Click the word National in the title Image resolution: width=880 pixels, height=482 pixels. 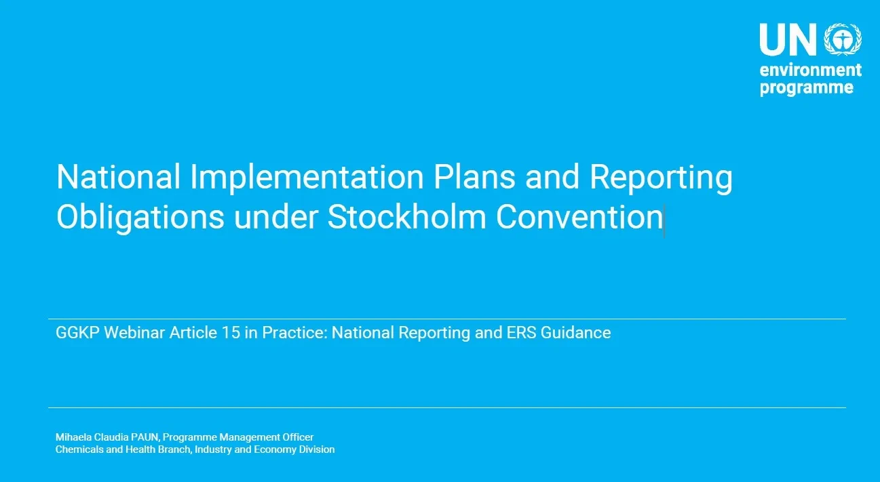click(x=118, y=177)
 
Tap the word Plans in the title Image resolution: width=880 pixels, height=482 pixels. click(x=474, y=177)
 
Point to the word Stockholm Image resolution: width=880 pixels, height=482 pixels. click(x=406, y=216)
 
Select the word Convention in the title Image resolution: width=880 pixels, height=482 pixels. click(x=579, y=217)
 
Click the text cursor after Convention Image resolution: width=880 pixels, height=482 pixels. click(x=664, y=220)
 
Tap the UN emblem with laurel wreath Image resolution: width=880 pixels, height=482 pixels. click(x=843, y=39)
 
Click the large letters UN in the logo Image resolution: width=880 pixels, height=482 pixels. click(x=788, y=39)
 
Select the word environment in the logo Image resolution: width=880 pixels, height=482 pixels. click(x=811, y=71)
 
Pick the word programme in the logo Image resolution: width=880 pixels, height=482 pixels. click(x=807, y=88)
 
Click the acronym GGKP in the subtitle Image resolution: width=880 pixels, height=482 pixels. click(x=78, y=332)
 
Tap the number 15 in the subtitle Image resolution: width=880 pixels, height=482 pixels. click(x=231, y=332)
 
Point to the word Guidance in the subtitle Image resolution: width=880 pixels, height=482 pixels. click(x=575, y=332)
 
